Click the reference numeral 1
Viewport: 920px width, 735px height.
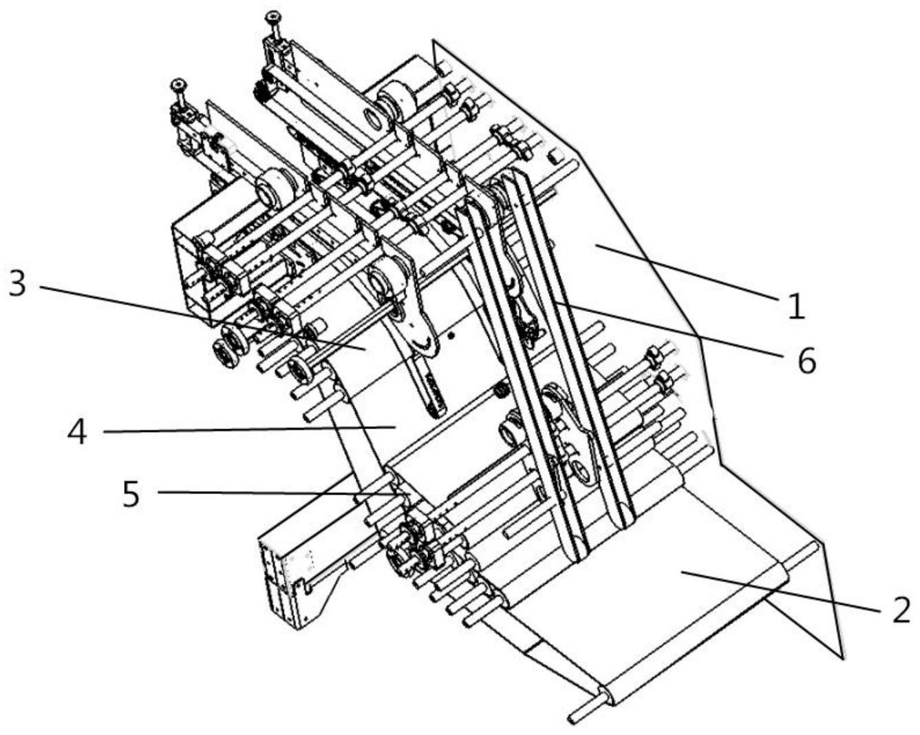[796, 305]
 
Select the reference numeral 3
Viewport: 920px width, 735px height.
[18, 284]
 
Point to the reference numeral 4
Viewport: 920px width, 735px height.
[78, 433]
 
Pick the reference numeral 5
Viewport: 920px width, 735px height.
[131, 493]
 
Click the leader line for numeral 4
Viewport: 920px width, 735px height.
[248, 430]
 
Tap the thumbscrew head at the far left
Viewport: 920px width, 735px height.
[178, 84]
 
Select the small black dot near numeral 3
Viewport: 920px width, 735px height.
[451, 336]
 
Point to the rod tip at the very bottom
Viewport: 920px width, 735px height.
[573, 719]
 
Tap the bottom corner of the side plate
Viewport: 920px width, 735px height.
[841, 658]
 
